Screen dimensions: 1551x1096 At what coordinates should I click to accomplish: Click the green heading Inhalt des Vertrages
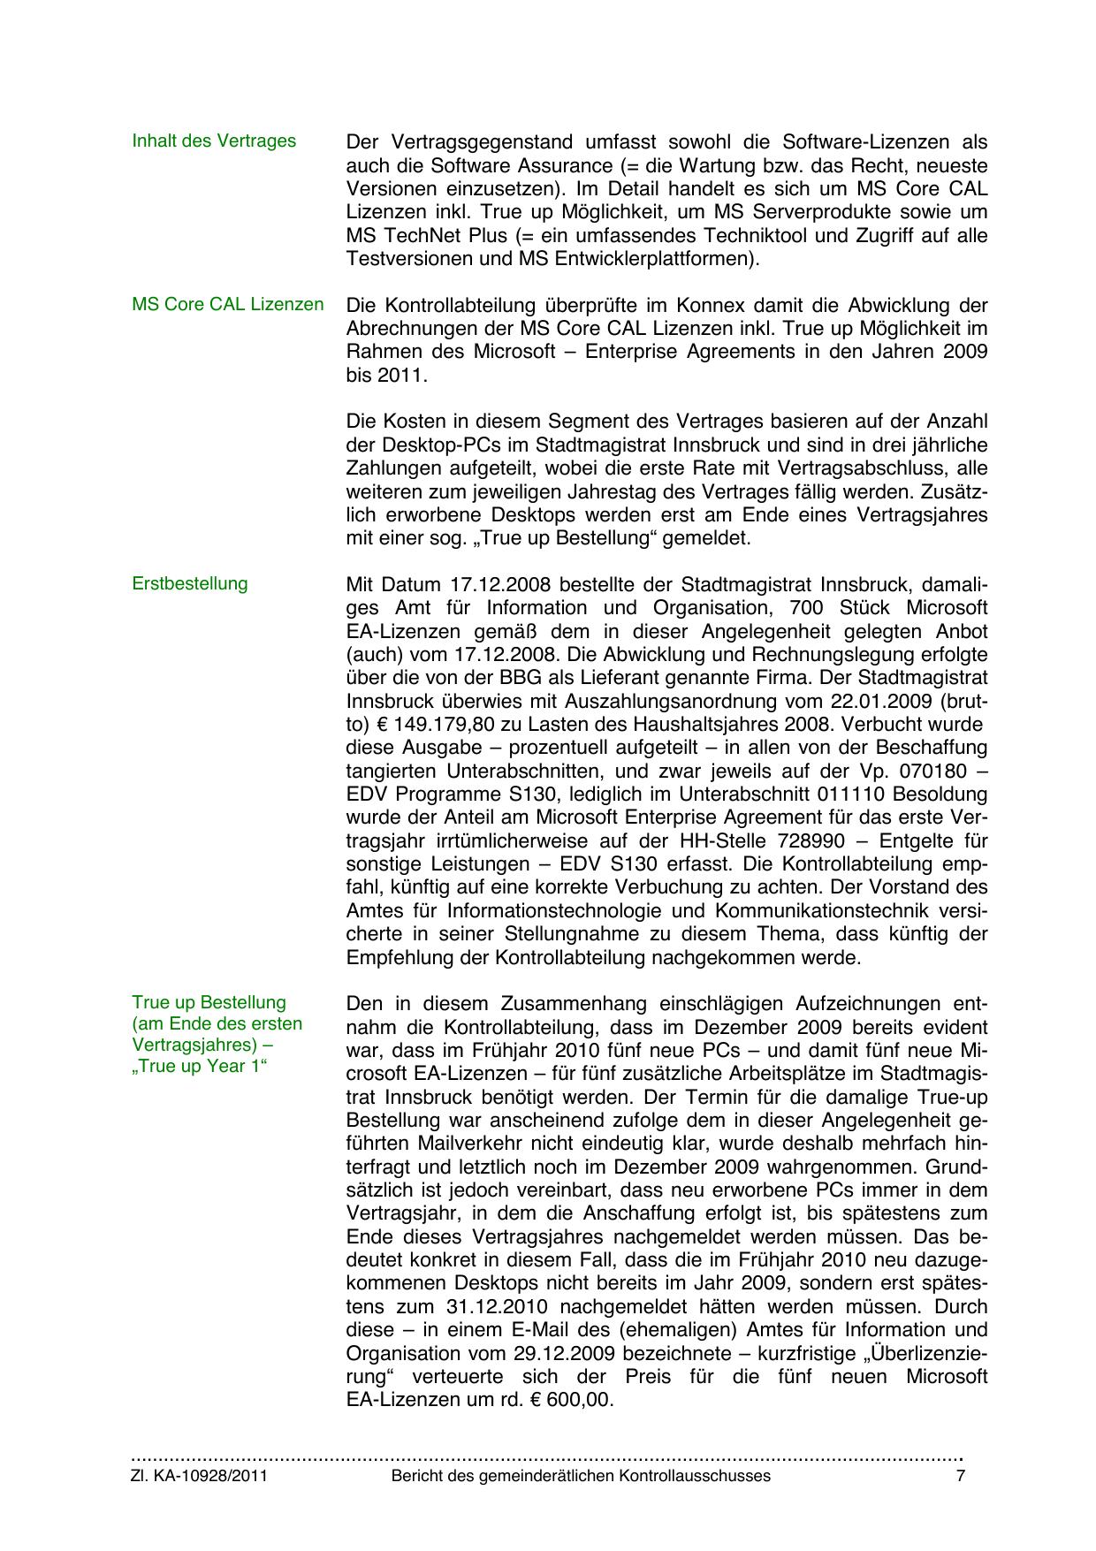pos(214,141)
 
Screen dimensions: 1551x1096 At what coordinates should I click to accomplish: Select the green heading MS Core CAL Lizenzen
pos(228,305)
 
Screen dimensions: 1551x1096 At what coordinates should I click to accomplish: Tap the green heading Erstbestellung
pos(190,584)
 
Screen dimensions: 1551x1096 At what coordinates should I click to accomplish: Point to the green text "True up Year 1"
pos(199,1067)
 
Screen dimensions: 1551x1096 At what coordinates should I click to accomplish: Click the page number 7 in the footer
pos(961,1476)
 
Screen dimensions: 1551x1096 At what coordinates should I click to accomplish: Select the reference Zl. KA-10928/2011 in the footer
pos(200,1476)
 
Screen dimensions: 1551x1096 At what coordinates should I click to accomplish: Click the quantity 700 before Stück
pos(852,608)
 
